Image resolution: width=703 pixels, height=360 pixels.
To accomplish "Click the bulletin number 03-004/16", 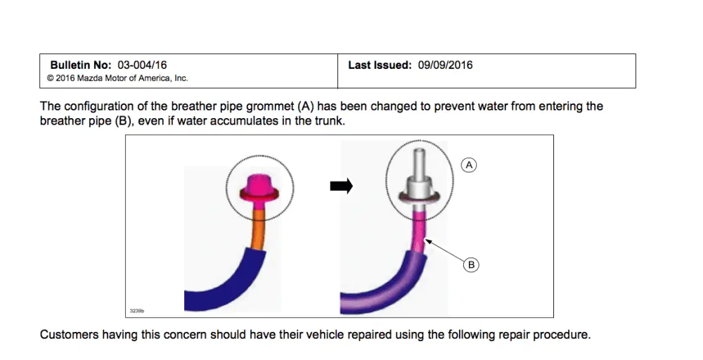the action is [142, 65].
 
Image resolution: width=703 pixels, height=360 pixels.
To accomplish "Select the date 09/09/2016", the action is [445, 65].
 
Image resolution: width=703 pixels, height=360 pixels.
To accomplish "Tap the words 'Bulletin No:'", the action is [81, 65].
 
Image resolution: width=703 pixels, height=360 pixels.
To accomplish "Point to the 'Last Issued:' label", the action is [380, 65].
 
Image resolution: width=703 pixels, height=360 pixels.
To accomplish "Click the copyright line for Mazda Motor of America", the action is [117, 79].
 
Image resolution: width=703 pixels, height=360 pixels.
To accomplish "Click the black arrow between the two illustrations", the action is [342, 186].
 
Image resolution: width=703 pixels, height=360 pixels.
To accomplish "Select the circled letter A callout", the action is [469, 165].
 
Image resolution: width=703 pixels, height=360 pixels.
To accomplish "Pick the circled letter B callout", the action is [471, 265].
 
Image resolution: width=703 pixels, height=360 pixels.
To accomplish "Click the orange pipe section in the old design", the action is [259, 229].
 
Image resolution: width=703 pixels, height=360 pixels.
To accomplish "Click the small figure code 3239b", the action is [137, 311].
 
